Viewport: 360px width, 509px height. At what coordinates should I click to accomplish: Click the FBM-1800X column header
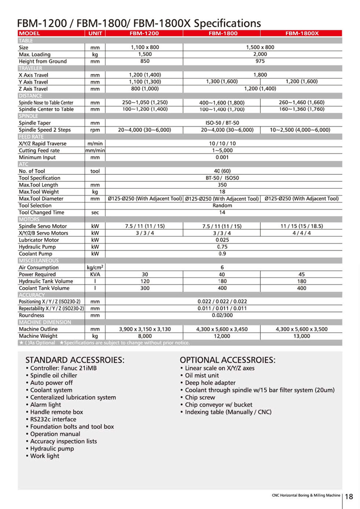point(302,33)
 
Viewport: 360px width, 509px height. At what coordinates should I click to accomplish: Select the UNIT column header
point(94,33)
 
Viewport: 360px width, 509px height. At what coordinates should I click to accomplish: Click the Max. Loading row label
point(35,54)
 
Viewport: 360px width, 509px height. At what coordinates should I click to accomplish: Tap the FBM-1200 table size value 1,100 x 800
point(144,47)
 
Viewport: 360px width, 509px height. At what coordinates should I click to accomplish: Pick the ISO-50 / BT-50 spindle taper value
point(222,122)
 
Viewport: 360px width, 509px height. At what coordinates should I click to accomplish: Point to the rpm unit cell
point(94,129)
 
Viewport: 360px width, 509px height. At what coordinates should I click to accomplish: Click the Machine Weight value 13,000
point(302,337)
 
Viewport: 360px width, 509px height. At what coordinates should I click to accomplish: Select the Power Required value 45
point(302,274)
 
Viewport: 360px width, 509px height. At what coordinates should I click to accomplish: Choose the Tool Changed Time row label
point(41,212)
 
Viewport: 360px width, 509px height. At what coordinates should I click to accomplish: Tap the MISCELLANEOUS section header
point(38,260)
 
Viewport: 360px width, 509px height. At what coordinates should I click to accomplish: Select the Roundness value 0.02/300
point(222,315)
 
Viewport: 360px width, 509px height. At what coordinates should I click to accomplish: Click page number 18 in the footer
point(349,496)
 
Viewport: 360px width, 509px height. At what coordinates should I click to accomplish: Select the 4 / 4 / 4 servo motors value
point(302,232)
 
